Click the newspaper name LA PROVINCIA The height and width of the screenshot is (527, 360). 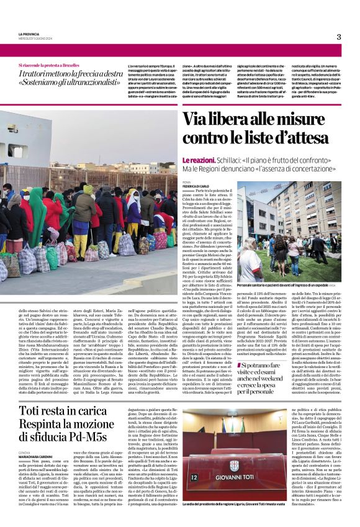pyautogui.click(x=29, y=34)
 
